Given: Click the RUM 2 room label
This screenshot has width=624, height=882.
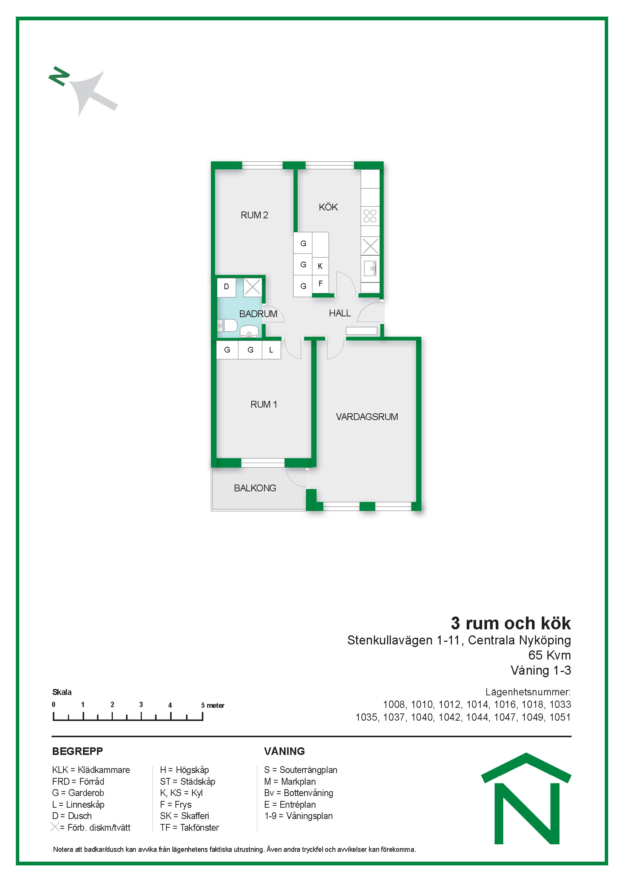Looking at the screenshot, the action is [x=254, y=215].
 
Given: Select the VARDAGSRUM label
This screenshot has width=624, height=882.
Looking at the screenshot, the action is [x=367, y=417].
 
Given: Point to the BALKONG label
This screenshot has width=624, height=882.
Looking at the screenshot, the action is [x=255, y=488].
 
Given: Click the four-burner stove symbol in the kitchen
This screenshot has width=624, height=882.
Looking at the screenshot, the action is [x=370, y=216].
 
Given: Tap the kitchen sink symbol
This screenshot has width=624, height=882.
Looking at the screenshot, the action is [x=370, y=268].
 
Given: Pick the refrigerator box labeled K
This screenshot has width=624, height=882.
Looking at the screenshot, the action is [x=320, y=265].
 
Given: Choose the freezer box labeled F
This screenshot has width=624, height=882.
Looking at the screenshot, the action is [x=320, y=284].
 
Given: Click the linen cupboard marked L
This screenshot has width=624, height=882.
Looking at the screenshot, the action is [x=271, y=350].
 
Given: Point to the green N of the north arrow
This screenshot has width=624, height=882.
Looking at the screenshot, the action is [x=59, y=76].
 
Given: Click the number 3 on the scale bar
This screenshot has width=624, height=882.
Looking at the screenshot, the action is [x=141, y=704].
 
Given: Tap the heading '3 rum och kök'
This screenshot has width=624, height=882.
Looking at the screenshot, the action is [x=511, y=623].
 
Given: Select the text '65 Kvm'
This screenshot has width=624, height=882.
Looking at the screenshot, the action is [x=549, y=655].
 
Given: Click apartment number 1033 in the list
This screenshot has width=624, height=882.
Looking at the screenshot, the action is [x=560, y=704].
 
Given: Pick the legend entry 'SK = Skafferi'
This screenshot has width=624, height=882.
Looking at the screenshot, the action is [x=184, y=816].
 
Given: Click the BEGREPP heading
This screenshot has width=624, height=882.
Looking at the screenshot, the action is [x=78, y=751].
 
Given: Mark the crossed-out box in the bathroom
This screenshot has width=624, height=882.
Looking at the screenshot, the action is [x=252, y=287].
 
